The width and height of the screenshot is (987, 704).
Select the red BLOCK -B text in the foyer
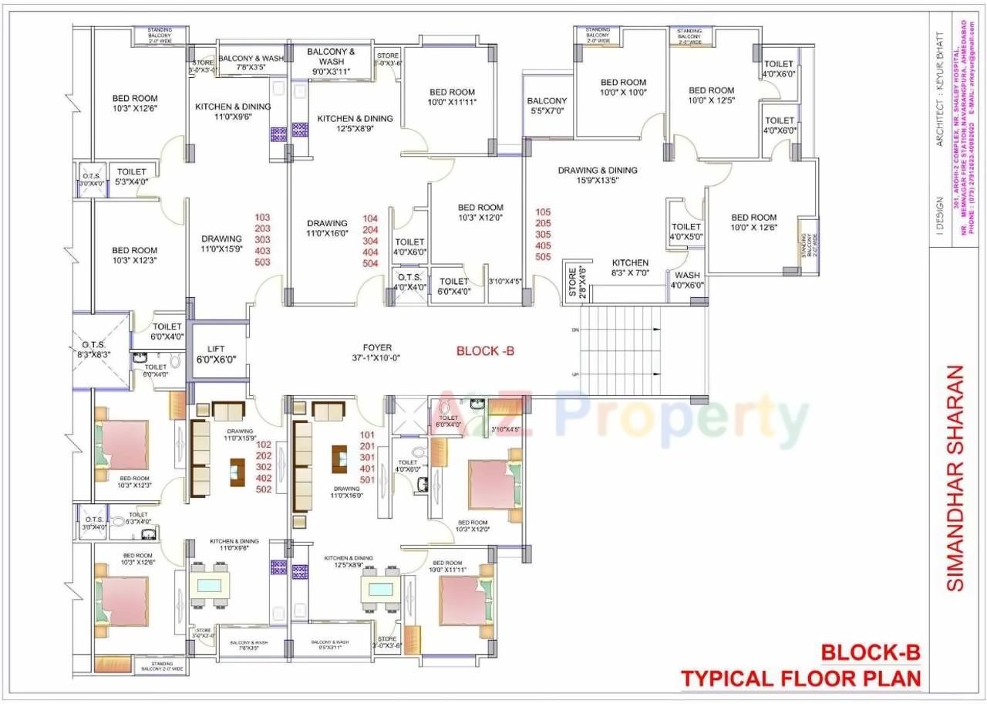pyautogui.click(x=485, y=351)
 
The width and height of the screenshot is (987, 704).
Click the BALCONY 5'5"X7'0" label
pyautogui.click(x=547, y=106)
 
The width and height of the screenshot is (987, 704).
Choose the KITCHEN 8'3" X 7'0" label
pyautogui.click(x=630, y=268)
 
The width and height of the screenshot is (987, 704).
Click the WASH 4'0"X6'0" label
pyautogui.click(x=687, y=280)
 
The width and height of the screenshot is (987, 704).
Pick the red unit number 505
pyautogui.click(x=544, y=257)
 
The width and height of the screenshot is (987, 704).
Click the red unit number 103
pyautogui.click(x=262, y=218)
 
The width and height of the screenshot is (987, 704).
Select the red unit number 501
pyautogui.click(x=367, y=479)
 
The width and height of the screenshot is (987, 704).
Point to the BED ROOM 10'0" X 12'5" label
pyautogui.click(x=711, y=95)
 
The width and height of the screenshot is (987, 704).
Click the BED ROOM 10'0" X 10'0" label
pyautogui.click(x=623, y=87)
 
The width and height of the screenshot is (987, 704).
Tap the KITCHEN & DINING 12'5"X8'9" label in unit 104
pyautogui.click(x=355, y=124)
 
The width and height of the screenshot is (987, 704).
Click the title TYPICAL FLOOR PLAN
pyautogui.click(x=801, y=679)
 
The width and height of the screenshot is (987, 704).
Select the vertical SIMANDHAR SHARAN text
pyautogui.click(x=955, y=479)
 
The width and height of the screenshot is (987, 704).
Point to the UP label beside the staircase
pyautogui.click(x=575, y=374)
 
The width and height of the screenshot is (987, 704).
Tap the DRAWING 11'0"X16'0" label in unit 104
pyautogui.click(x=328, y=228)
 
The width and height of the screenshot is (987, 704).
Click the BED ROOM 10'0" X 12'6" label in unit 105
pyautogui.click(x=753, y=222)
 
